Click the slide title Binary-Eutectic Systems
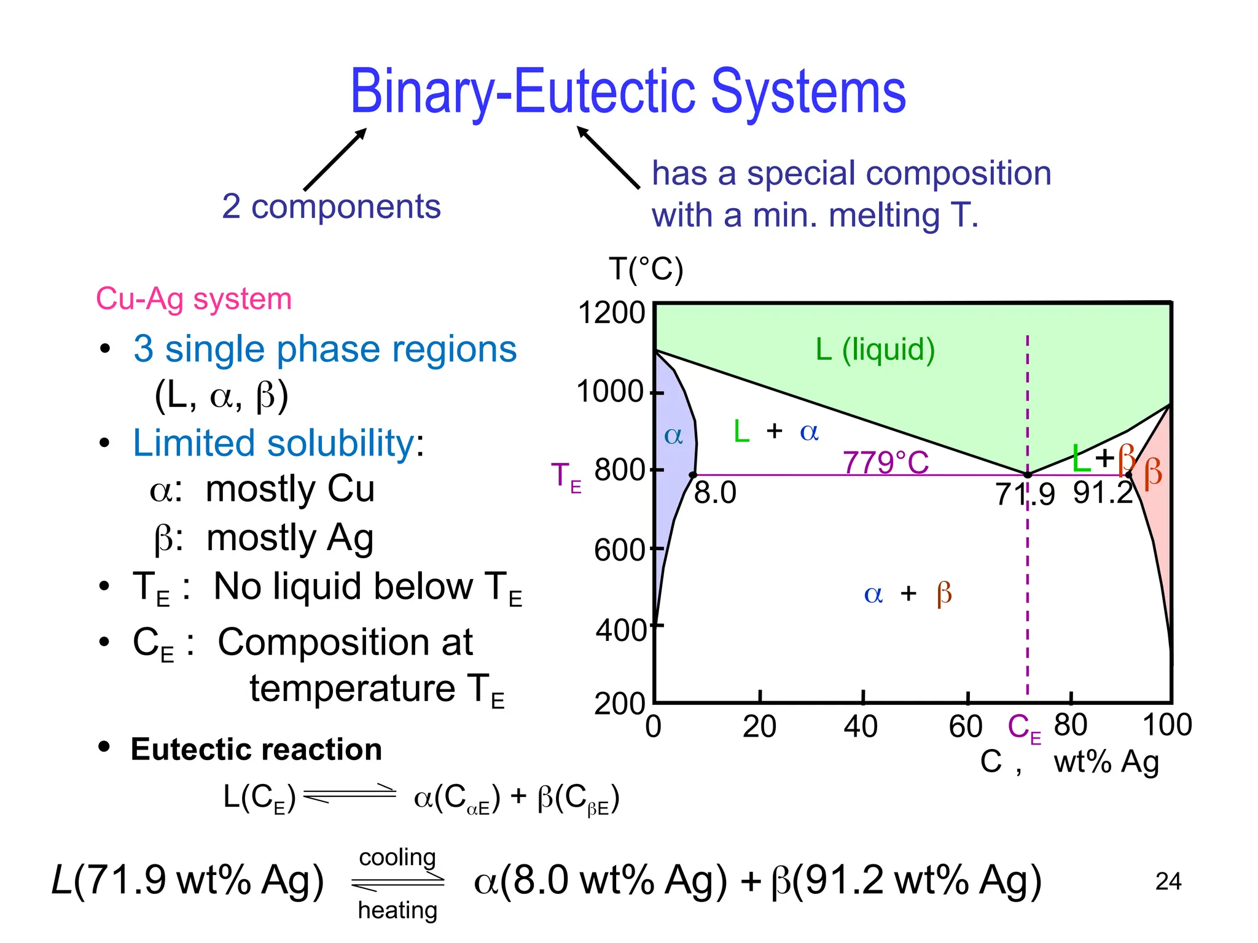coord(628,92)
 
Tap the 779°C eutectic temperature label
coord(885,462)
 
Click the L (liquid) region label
coord(875,349)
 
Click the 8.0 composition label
coord(715,493)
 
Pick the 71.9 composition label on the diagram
coord(1025,494)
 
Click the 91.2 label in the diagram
coord(1103,493)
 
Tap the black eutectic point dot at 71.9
coord(1028,475)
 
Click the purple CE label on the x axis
coord(1024,728)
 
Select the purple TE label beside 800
coord(566,477)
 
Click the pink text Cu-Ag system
coord(193,299)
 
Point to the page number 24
coord(1168,882)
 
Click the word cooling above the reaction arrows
coord(397,857)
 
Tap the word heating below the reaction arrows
coord(397,910)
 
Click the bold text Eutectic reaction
coord(256,750)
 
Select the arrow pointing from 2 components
coord(335,160)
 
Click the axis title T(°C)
coord(646,270)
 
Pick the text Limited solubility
coord(274,443)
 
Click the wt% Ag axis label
coord(1106,763)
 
